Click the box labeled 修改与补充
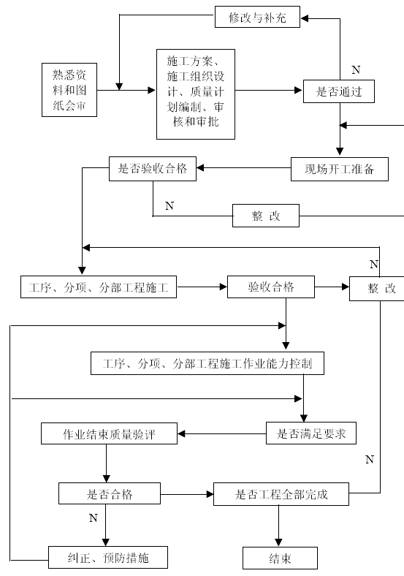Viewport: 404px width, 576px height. (257, 17)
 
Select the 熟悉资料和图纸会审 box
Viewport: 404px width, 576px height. (69, 90)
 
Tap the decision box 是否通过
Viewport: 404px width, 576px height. (339, 91)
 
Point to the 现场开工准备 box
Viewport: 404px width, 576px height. (340, 169)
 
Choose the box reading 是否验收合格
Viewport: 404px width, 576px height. (153, 169)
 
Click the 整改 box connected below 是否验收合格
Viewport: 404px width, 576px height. (266, 216)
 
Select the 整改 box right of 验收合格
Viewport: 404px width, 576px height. (377, 289)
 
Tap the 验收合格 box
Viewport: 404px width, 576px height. (271, 287)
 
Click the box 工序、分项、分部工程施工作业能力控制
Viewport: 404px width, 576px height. (207, 364)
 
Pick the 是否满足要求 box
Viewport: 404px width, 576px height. (311, 433)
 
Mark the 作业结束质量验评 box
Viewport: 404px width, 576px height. (109, 433)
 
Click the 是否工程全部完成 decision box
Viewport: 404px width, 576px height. (281, 494)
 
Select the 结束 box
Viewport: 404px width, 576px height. (281, 558)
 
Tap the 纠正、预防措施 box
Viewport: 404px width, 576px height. (108, 558)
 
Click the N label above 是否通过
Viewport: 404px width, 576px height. (356, 69)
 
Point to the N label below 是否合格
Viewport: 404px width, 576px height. (94, 518)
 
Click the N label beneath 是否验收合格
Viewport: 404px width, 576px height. (169, 205)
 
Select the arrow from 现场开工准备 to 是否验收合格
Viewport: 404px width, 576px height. (243, 168)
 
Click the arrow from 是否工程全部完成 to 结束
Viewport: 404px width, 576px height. (278, 526)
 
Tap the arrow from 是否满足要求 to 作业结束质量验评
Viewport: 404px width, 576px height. (222, 434)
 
